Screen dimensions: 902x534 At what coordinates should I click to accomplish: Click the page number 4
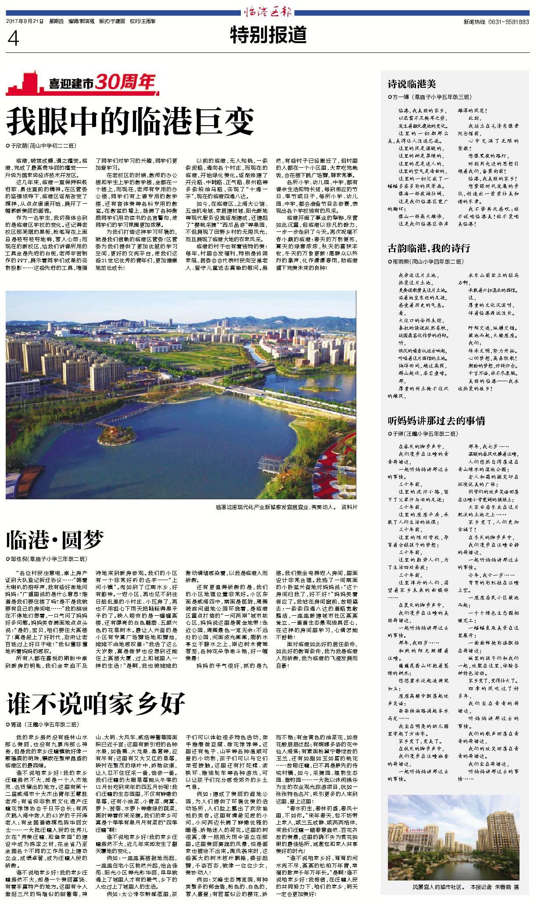pyautogui.click(x=13, y=39)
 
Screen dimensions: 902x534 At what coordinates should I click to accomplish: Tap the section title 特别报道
pyautogui.click(x=268, y=35)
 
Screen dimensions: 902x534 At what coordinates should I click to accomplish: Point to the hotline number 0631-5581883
pyautogui.click(x=508, y=22)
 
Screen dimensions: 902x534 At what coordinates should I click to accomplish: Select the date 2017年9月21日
pyautogui.click(x=25, y=21)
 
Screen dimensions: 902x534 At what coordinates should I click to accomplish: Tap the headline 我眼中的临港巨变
pyautogui.click(x=130, y=122)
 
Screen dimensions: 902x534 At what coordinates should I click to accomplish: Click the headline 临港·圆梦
pyautogui.click(x=55, y=540)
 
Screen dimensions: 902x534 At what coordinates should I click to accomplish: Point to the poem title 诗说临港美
pyautogui.click(x=412, y=84)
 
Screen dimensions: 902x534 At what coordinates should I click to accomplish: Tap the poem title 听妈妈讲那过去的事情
pyautogui.click(x=436, y=421)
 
